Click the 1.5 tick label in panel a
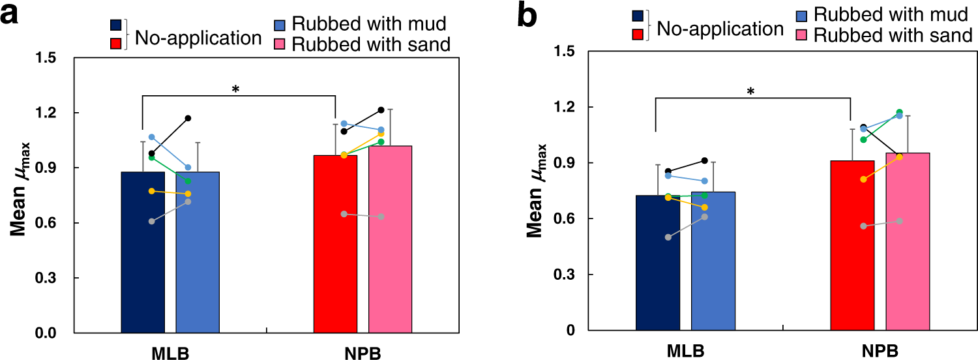47,59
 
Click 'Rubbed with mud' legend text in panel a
368,23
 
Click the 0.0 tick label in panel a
47,334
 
